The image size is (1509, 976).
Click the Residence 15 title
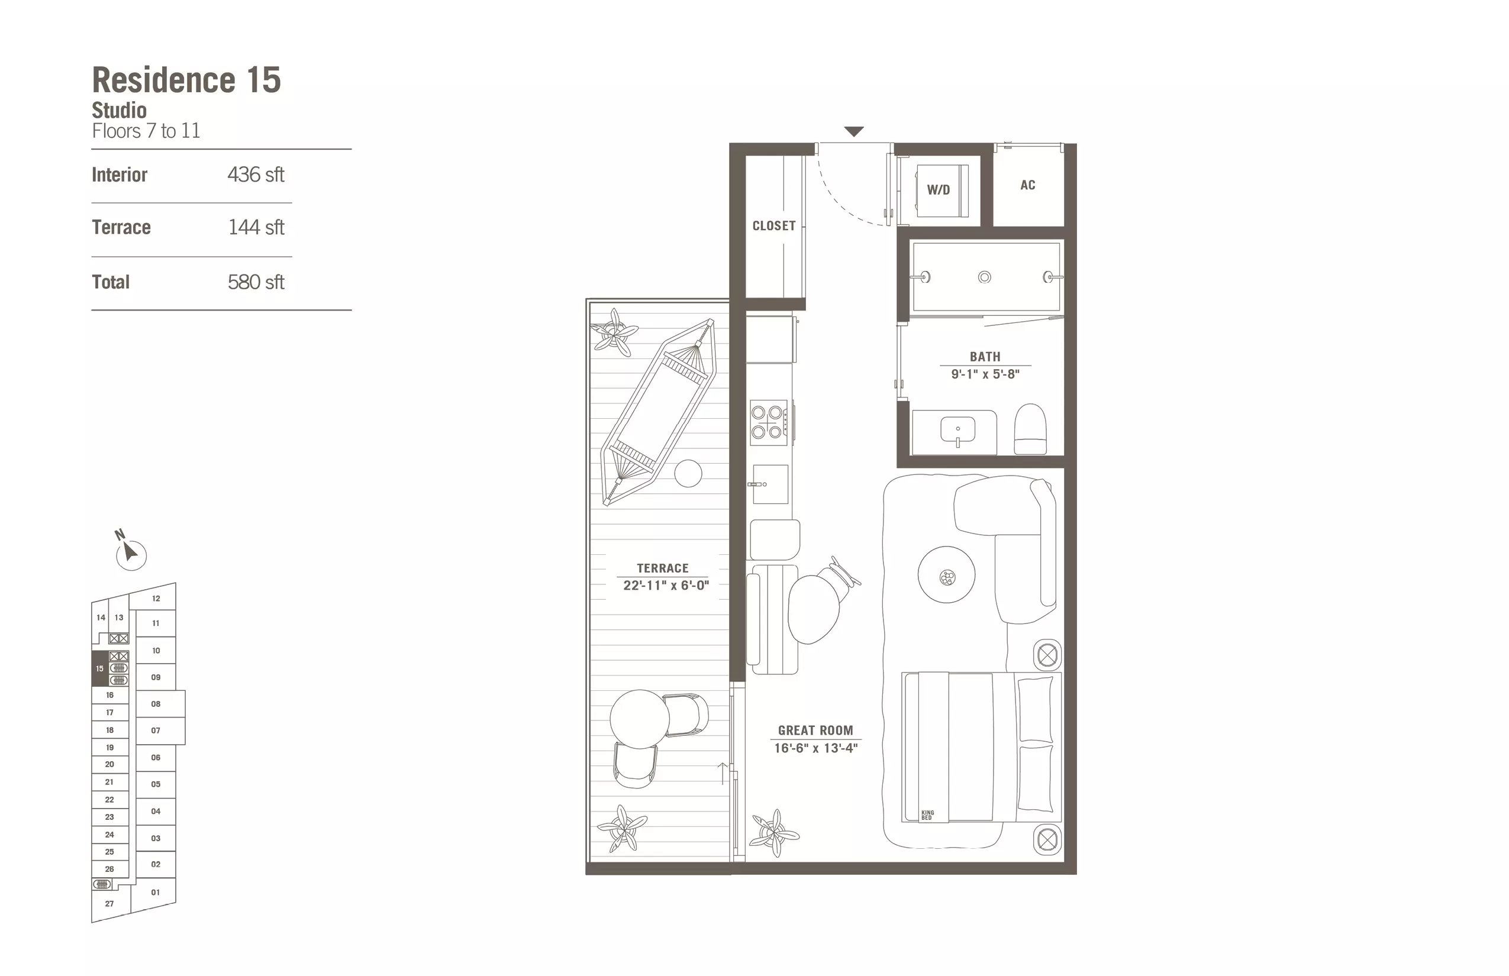[186, 80]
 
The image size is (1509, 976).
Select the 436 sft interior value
[256, 174]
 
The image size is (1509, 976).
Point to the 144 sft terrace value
[256, 227]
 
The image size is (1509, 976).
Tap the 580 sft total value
[256, 282]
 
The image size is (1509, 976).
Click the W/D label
[939, 190]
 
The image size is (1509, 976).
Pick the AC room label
[1028, 185]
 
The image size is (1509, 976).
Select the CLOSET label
[773, 225]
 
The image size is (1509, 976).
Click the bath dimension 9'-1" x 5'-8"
[985, 374]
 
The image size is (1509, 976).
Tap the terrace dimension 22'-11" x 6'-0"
[666, 585]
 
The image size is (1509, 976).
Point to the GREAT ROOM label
[815, 730]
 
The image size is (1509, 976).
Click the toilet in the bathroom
[1030, 429]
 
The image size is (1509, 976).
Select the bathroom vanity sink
[957, 431]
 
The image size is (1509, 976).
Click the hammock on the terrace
[659, 412]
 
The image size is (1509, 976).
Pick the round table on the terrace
[640, 719]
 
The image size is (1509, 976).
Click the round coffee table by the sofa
[947, 575]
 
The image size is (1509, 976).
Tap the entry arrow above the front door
[854, 132]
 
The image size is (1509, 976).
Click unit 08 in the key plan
[156, 704]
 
